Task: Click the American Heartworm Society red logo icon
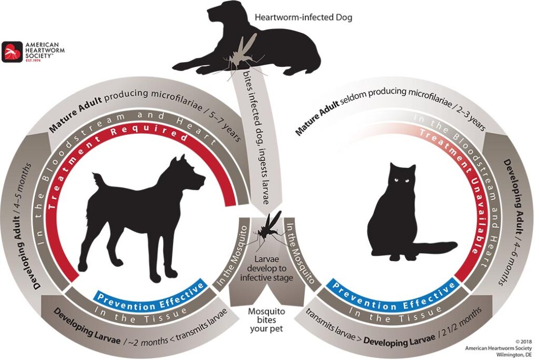tap(12, 52)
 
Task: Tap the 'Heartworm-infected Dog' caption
tap(303, 17)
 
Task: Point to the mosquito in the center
tap(270, 229)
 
